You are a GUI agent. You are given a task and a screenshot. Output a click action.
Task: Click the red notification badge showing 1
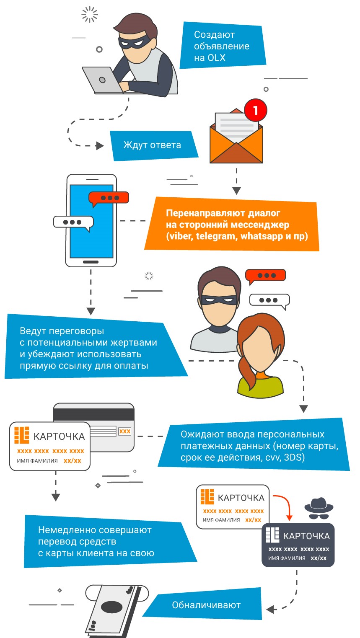click(255, 111)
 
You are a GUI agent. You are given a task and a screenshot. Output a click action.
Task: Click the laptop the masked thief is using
click(101, 80)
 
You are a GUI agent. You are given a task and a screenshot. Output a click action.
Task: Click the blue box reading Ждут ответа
click(153, 145)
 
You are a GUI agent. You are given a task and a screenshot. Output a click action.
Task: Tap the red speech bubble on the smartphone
click(109, 198)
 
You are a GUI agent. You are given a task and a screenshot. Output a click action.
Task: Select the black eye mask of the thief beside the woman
click(218, 300)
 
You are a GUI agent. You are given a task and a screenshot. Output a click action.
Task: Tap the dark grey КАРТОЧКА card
click(298, 545)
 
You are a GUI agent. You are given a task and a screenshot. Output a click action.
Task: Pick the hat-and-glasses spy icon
click(319, 508)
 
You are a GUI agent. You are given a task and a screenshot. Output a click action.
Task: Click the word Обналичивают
click(206, 605)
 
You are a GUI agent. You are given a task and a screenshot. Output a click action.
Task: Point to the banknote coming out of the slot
click(111, 610)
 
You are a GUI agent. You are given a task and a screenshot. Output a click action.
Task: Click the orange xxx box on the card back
click(124, 431)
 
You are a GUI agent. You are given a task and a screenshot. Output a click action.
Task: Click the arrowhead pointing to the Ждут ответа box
click(100, 146)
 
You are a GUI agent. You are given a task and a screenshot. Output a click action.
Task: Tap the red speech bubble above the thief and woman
click(265, 276)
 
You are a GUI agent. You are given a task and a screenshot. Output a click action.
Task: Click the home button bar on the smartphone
click(91, 262)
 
